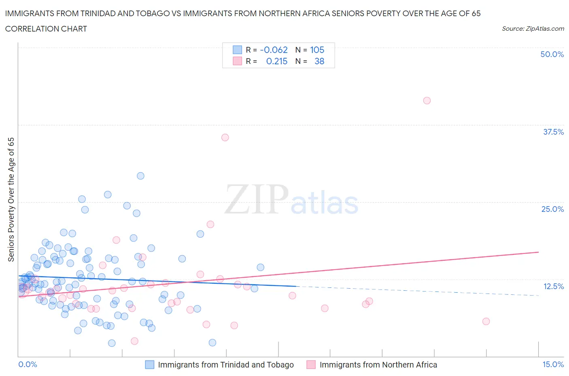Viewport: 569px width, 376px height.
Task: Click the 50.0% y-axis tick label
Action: click(552, 54)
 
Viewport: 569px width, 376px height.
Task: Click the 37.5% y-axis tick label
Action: click(553, 132)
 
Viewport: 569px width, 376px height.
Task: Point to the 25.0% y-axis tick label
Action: click(552, 209)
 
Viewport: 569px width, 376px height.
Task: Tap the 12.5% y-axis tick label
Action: click(553, 286)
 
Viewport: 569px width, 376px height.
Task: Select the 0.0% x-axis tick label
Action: click(28, 364)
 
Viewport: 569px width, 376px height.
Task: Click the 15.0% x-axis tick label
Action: click(553, 364)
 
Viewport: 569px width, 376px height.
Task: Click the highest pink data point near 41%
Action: click(427, 101)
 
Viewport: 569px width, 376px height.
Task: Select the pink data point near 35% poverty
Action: click(225, 137)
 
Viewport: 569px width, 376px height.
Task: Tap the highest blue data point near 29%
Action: click(140, 176)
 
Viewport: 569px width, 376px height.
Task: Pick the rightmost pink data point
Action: click(486, 321)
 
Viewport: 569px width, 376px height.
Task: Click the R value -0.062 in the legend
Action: click(274, 50)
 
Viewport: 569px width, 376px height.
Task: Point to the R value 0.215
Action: click(277, 61)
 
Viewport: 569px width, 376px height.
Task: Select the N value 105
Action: click(317, 50)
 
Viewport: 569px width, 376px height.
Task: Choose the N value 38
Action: click(319, 61)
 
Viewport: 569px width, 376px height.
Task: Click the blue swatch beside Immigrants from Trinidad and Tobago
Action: click(150, 365)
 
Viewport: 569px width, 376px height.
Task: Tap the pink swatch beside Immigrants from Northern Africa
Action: click(311, 365)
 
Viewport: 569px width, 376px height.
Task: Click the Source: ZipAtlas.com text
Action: click(533, 28)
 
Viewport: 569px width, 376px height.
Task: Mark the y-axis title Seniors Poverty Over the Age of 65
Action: click(11, 199)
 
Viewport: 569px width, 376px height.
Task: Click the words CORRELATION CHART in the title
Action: click(46, 29)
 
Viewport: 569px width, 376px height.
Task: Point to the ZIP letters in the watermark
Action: click(256, 199)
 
